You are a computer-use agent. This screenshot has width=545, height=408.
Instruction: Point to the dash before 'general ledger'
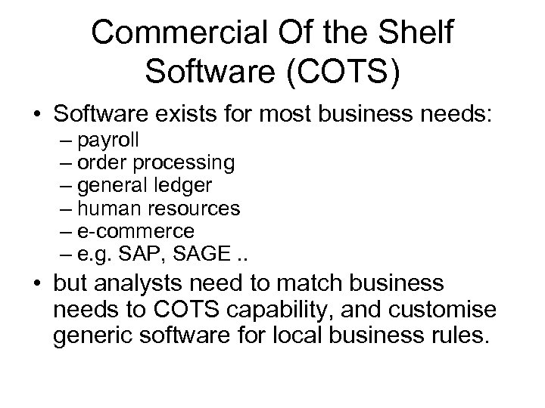(x=61, y=185)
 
